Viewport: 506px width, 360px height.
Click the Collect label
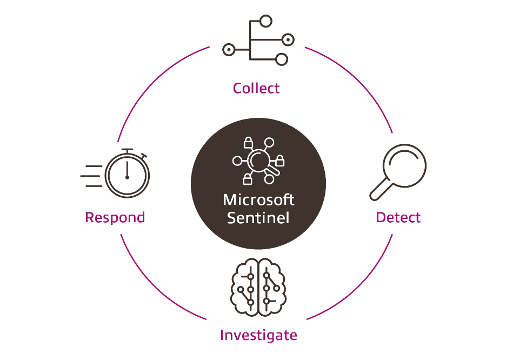(256, 88)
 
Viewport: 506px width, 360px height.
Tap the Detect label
(398, 217)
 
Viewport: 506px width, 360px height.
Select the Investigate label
(258, 335)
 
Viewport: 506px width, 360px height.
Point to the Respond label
(115, 217)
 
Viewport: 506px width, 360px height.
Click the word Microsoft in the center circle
(258, 199)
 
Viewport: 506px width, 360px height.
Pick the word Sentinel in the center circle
(258, 218)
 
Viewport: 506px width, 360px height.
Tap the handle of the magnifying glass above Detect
(380, 189)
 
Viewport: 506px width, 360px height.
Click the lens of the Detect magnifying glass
(405, 165)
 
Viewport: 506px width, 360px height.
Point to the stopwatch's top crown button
(127, 150)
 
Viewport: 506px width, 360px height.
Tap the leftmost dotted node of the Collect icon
(229, 50)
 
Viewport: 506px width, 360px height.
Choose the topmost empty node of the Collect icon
(265, 22)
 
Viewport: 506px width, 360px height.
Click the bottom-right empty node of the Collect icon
(281, 59)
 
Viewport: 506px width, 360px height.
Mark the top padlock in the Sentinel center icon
(248, 143)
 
